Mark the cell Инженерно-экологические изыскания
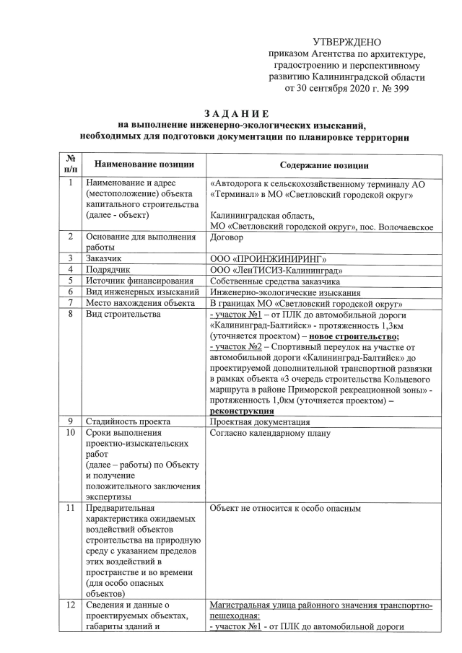(284, 292)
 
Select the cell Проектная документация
(260, 421)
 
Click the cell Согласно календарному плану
(269, 434)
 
